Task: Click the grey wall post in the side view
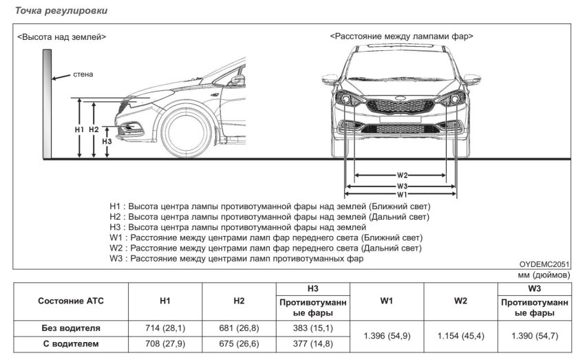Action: [46, 103]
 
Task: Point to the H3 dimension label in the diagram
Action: [107, 141]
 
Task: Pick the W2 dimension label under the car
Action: [403, 175]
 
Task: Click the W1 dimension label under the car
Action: [403, 194]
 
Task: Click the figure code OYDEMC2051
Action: [545, 264]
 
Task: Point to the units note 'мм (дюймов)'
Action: [547, 274]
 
